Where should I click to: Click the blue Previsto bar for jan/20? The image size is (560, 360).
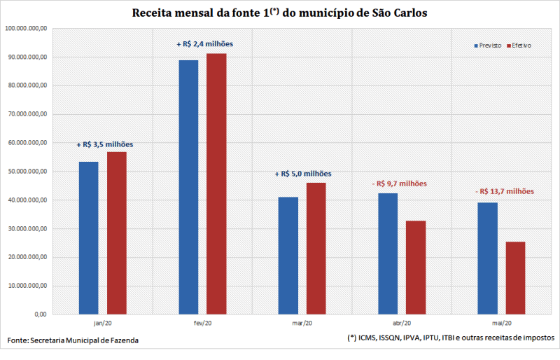88,238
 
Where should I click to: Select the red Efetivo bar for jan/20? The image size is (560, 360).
117,233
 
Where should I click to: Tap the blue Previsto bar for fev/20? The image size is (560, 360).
188,187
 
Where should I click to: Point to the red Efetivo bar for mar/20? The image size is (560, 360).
316,248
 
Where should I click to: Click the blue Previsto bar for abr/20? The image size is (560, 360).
388,254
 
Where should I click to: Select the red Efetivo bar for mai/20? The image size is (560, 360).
515,278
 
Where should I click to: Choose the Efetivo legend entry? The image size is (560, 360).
518,46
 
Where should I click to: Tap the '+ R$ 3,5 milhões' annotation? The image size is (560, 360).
104,144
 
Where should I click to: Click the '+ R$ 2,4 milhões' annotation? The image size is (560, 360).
204,44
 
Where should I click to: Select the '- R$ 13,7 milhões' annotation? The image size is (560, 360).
503,191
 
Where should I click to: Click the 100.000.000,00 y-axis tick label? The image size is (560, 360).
26,29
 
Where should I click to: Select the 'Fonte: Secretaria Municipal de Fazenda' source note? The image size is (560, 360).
73,340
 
